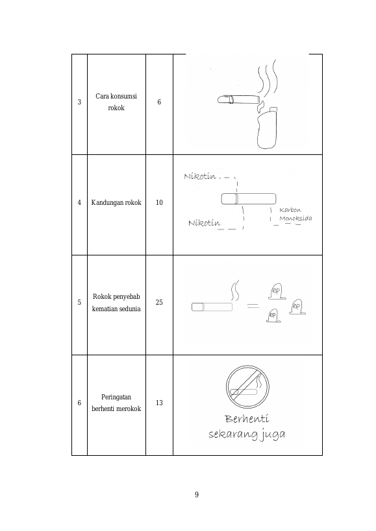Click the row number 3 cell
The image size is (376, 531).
click(79, 102)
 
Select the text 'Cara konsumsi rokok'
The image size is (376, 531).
click(116, 102)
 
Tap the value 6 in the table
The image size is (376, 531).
click(159, 102)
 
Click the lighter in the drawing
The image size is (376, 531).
click(267, 128)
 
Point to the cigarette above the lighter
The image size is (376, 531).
click(239, 100)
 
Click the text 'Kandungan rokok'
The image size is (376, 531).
click(116, 202)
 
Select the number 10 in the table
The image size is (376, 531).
click(159, 202)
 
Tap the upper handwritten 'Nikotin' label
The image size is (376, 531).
click(200, 176)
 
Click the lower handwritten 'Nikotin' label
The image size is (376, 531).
click(204, 223)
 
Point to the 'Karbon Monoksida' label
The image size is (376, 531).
click(295, 214)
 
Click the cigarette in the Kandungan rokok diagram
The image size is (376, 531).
click(249, 199)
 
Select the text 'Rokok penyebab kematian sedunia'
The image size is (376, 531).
click(116, 302)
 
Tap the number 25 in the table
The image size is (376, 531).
click(159, 302)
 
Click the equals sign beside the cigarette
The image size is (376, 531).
click(253, 306)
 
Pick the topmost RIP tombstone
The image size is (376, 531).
click(277, 292)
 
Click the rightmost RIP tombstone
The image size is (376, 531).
click(297, 307)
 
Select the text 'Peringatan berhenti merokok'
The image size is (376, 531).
click(116, 403)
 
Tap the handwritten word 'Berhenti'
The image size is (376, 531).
click(247, 419)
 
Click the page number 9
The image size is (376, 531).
click(197, 495)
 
